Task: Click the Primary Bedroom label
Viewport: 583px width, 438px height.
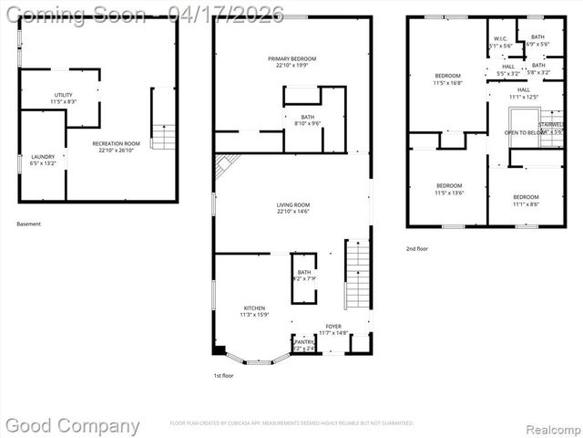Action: coord(291,59)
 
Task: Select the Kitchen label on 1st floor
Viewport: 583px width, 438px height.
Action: coord(253,308)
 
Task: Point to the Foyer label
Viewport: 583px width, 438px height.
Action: coord(333,326)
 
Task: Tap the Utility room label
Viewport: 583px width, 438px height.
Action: coord(63,95)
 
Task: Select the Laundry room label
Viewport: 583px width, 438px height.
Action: coord(43,157)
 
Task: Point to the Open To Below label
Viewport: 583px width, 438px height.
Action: coord(525,132)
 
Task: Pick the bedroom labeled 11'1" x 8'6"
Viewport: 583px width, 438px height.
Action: coord(525,198)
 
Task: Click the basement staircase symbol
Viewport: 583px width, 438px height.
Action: coord(162,137)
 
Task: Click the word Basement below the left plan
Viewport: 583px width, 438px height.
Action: coord(29,224)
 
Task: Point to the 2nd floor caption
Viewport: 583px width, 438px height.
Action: coord(417,248)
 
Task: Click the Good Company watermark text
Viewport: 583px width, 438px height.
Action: coord(73,425)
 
